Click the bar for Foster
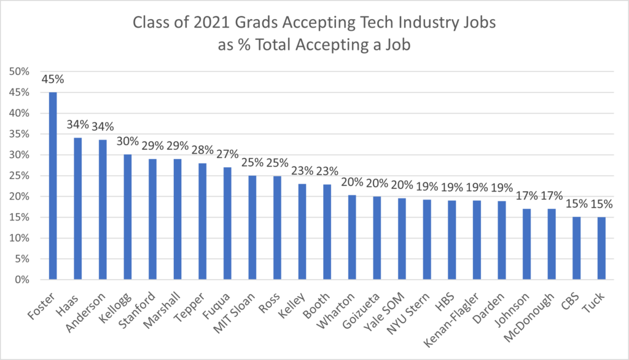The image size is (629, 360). [53, 186]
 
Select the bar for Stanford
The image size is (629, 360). [152, 219]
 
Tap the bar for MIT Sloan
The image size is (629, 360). [252, 227]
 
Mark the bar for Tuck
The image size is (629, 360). [601, 248]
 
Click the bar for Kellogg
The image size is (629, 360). [128, 217]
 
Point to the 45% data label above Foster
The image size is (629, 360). [53, 79]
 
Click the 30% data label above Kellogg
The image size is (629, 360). [128, 142]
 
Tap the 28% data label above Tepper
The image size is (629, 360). [202, 150]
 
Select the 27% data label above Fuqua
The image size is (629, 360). [227, 154]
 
